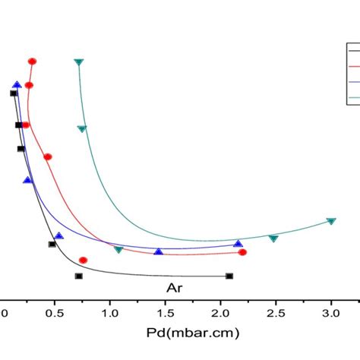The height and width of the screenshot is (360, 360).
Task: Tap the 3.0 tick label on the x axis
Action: click(x=331, y=312)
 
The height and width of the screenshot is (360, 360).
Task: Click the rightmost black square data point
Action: click(x=229, y=276)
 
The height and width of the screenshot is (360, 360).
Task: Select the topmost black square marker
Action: click(x=14, y=93)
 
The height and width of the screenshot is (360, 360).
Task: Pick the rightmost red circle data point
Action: click(x=242, y=252)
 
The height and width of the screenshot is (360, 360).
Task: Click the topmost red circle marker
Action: click(x=32, y=61)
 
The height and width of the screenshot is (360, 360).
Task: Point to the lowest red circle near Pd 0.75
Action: click(x=83, y=261)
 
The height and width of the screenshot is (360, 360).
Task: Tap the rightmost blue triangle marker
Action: click(x=238, y=244)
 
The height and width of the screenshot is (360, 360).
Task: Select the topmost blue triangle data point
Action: click(x=17, y=85)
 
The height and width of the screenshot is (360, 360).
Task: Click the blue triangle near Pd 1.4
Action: click(x=158, y=251)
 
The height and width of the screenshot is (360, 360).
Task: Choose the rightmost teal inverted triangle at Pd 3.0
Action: click(x=331, y=221)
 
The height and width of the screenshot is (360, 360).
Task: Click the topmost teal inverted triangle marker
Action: click(x=79, y=62)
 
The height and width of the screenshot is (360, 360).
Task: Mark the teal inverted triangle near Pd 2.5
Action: click(x=273, y=238)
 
